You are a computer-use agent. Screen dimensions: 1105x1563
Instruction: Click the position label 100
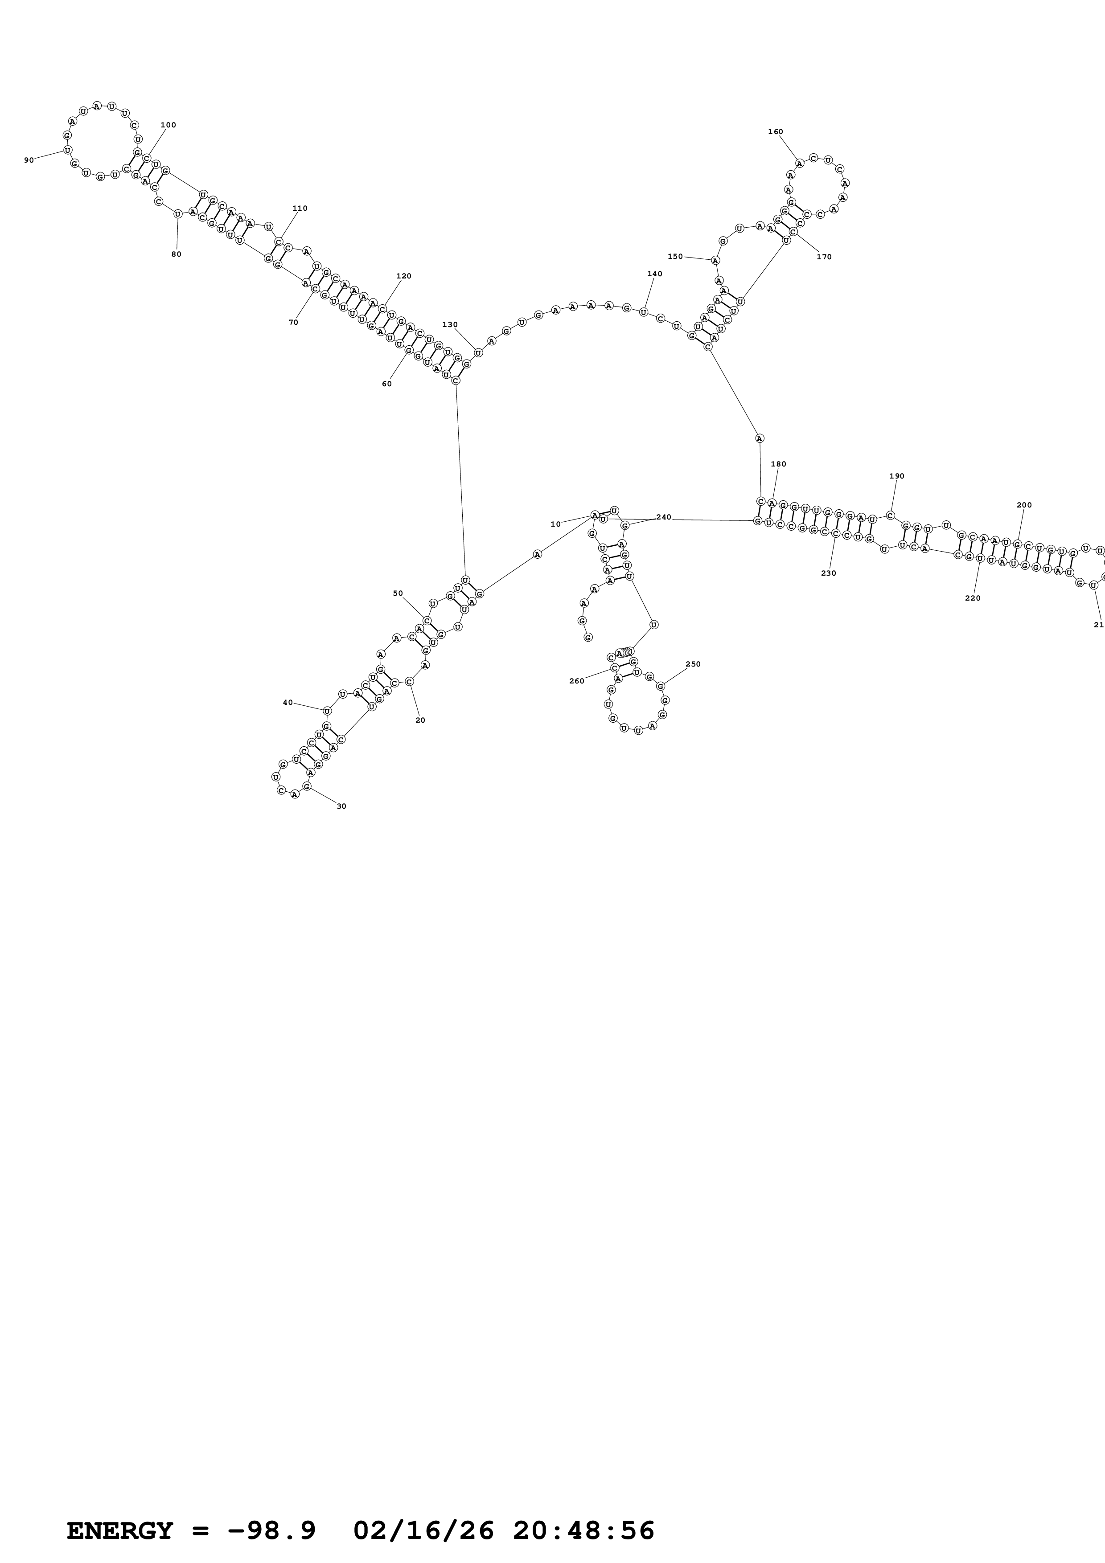(168, 125)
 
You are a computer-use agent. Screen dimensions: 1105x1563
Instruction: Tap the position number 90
(29, 160)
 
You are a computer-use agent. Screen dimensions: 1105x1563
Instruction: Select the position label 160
(776, 132)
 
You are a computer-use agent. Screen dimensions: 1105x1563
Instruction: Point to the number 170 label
(824, 257)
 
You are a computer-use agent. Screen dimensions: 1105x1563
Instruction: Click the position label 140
(654, 274)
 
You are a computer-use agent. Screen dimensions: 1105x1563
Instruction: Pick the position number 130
(450, 325)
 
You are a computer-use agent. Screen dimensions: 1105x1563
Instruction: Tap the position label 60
(387, 384)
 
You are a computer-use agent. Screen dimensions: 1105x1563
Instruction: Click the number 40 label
(288, 703)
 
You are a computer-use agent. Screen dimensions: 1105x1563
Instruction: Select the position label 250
(693, 664)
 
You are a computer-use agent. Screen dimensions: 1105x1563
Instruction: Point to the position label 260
(577, 681)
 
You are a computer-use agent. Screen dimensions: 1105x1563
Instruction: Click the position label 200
(1024, 505)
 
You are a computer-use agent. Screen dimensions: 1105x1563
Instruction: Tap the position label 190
(897, 476)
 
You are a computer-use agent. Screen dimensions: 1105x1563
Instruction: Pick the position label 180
(778, 464)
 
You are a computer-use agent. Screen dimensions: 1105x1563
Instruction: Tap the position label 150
(675, 257)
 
